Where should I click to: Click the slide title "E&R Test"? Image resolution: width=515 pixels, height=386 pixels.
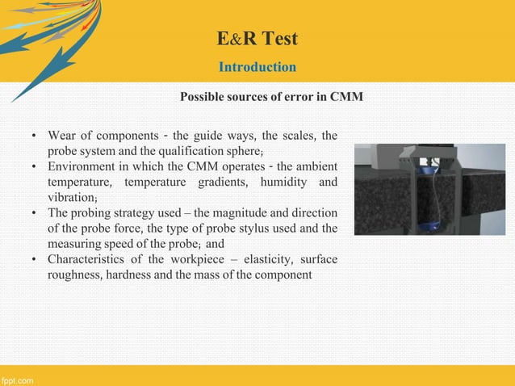pos(257,38)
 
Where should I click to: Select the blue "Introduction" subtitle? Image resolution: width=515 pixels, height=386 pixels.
pos(257,66)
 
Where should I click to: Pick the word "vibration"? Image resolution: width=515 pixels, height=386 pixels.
pos(71,197)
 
